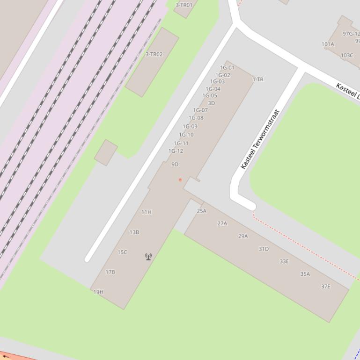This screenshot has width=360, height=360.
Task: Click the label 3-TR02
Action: (154, 55)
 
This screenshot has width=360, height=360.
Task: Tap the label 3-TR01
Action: (184, 6)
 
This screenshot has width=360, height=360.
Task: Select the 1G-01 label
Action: (227, 68)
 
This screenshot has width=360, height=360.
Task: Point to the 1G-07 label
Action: (200, 111)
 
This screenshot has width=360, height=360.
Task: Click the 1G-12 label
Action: (176, 151)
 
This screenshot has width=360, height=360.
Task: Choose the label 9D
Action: (175, 165)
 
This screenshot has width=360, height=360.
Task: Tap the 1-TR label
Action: (258, 79)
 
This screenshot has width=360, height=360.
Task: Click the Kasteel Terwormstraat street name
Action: (260, 139)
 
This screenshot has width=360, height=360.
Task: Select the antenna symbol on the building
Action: (148, 256)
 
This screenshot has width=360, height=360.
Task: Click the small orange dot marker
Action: (180, 180)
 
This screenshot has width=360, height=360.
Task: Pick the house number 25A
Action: (201, 211)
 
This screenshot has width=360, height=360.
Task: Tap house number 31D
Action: (264, 249)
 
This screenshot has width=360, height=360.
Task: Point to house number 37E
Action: (325, 287)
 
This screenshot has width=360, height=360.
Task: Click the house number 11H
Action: (146, 212)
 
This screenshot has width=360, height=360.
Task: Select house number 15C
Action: (122, 252)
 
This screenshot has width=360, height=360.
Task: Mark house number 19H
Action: (98, 292)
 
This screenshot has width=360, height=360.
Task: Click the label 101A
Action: (328, 44)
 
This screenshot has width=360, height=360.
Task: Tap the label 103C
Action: (347, 55)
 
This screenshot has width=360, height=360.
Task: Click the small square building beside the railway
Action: (106, 152)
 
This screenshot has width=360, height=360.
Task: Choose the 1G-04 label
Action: (213, 89)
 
